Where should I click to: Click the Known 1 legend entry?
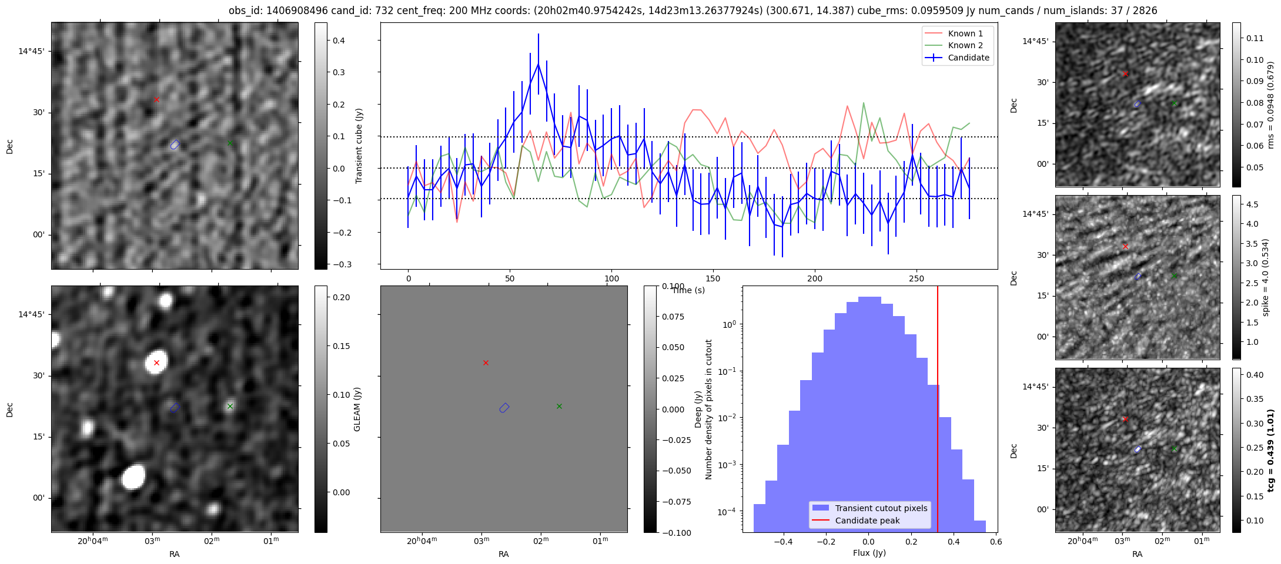tap(965, 33)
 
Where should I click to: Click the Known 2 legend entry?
tap(965, 45)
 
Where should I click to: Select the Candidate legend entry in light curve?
tap(968, 58)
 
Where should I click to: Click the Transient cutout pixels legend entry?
tap(881, 508)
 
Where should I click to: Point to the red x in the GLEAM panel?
tap(156, 363)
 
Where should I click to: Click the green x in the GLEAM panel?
tap(230, 406)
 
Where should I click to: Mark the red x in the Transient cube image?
tap(156, 100)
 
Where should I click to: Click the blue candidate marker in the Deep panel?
tap(504, 408)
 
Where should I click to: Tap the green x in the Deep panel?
tap(559, 406)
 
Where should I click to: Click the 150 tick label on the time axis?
tap(713, 278)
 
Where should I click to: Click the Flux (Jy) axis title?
tap(869, 553)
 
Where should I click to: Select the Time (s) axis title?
tap(688, 290)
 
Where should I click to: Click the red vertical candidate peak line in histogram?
tap(937, 411)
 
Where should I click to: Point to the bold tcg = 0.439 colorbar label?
tap(1271, 451)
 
